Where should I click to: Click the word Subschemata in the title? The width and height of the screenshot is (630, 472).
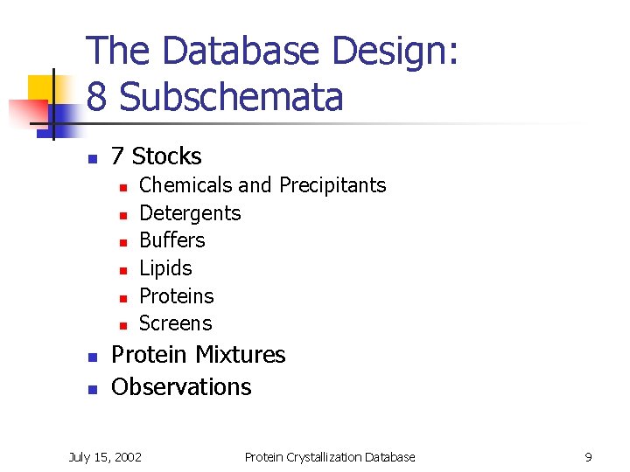231,97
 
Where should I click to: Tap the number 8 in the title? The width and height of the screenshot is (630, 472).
98,97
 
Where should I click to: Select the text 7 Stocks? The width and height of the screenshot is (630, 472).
156,156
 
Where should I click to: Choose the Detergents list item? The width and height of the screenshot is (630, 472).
190,213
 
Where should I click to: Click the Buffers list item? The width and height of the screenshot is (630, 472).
172,240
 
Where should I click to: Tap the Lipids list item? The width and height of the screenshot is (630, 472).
165,268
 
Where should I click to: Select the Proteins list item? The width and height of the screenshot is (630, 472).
177,296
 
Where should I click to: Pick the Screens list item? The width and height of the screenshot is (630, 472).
176,323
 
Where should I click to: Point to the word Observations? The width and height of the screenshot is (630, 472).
181,386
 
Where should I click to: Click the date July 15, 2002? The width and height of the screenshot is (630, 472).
105,456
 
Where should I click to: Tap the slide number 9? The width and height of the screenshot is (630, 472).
588,456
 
